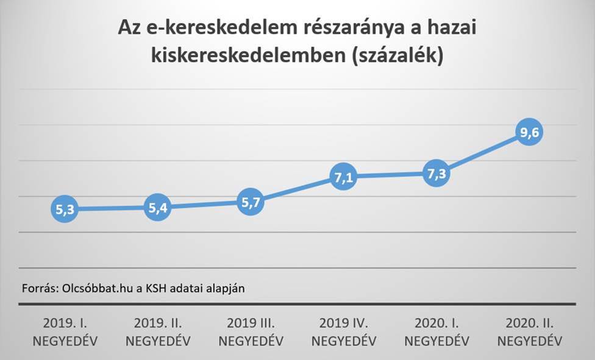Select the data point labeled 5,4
[x=157, y=208]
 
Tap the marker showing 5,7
[x=251, y=203]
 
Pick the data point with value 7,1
[x=343, y=177]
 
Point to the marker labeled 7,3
[x=436, y=174]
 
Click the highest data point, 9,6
[x=529, y=133]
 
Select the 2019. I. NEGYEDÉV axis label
[x=64, y=331]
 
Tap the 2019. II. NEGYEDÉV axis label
[x=157, y=331]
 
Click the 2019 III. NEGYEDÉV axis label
[x=251, y=331]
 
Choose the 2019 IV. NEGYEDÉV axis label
[x=343, y=331]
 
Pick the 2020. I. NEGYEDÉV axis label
[x=436, y=331]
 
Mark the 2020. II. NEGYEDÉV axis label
[x=529, y=331]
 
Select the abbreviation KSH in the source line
[x=155, y=288]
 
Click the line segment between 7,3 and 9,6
[x=482, y=154]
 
